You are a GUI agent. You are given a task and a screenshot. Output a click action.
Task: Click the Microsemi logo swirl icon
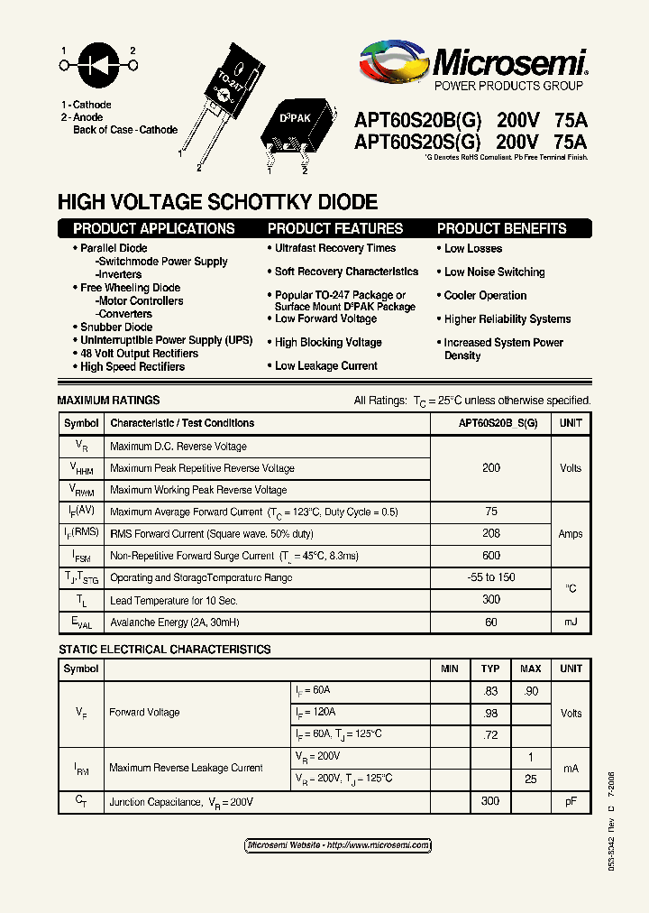[395, 65]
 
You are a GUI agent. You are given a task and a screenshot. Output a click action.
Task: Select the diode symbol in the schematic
[99, 65]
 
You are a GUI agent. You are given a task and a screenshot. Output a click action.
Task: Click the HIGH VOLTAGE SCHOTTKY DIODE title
[217, 203]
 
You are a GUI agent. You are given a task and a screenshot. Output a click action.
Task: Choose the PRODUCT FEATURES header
[335, 229]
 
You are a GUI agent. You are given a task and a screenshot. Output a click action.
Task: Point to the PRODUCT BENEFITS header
[502, 229]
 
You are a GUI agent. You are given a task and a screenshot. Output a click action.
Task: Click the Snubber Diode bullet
[116, 327]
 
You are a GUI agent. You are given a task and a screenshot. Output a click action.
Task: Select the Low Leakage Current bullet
[326, 366]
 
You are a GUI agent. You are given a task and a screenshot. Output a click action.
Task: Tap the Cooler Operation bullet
[485, 296]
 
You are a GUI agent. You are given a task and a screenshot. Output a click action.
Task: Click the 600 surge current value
[491, 556]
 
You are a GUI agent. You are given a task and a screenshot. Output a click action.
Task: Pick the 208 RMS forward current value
[491, 534]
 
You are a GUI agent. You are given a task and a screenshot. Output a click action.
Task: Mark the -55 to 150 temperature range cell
[491, 577]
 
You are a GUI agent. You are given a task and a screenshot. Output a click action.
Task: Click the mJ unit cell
[571, 622]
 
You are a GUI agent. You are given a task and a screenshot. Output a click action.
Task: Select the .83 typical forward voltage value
[490, 691]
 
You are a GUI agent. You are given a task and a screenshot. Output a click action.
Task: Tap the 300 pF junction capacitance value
[490, 801]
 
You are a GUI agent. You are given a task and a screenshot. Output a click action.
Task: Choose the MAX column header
[531, 669]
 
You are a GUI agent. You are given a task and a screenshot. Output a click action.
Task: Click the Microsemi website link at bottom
[338, 845]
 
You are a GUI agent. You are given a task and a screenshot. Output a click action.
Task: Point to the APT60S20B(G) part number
[418, 120]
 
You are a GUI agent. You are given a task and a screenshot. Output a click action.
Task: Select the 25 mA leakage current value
[531, 779]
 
